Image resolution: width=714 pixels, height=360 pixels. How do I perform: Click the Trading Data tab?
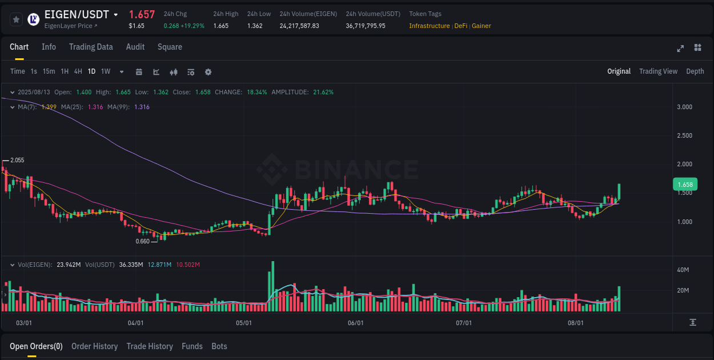91,47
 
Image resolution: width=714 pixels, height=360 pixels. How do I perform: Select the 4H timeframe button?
78,71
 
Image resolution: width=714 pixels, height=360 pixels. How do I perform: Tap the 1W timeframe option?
106,71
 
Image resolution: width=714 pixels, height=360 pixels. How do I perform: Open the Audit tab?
135,47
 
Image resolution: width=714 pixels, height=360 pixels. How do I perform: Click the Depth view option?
695,71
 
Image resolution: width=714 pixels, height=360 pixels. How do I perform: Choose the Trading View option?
658,71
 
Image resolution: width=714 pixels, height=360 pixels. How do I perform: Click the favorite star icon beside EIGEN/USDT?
17,19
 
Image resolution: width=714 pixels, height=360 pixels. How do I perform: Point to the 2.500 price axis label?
684,136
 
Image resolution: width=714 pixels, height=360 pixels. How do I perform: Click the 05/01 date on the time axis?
244,323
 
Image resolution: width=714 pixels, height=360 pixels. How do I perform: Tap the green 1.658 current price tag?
684,185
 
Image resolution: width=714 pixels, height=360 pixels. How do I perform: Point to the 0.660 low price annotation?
142,241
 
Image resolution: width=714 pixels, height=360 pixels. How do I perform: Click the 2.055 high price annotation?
17,161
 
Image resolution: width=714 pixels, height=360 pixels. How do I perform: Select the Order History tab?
94,346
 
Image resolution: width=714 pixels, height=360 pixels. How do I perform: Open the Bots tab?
219,346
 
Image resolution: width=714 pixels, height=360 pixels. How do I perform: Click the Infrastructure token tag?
429,26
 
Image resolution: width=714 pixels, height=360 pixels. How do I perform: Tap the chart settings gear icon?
208,72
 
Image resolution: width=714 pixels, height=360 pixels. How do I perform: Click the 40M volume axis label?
683,270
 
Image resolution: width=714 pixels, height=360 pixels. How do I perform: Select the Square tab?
170,47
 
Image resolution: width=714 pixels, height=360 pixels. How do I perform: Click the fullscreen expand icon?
680,48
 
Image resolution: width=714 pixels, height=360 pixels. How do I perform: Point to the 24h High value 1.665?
220,26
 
